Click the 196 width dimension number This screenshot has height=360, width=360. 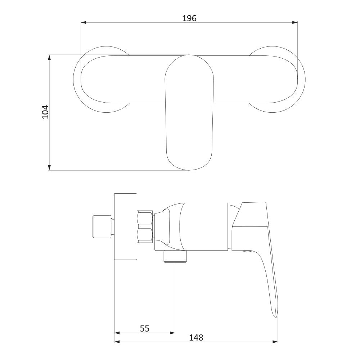click(189, 18)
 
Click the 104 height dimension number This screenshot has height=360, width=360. click(45, 112)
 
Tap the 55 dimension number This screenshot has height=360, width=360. click(145, 329)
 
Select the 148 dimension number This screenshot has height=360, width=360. click(196, 338)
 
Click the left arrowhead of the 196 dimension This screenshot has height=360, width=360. click(84, 22)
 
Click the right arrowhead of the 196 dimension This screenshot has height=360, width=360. click(295, 22)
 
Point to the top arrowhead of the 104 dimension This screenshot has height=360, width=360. click(49, 57)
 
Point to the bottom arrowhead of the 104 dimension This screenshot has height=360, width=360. click(49, 168)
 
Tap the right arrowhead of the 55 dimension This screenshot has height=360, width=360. click(172, 333)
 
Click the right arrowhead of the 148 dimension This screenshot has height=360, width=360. click(275, 342)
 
